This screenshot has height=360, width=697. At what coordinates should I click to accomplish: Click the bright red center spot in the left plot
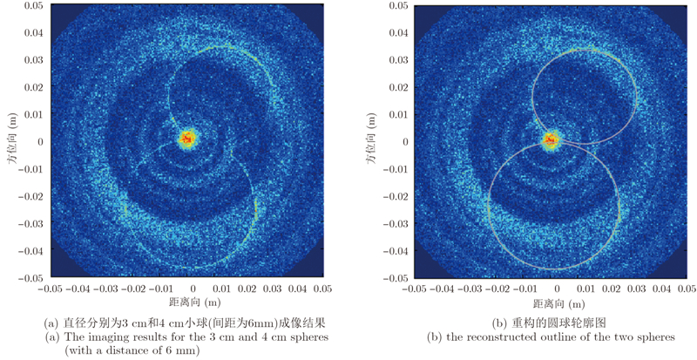click(x=187, y=139)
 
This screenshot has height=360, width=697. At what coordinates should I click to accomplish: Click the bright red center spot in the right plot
click(x=550, y=139)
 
